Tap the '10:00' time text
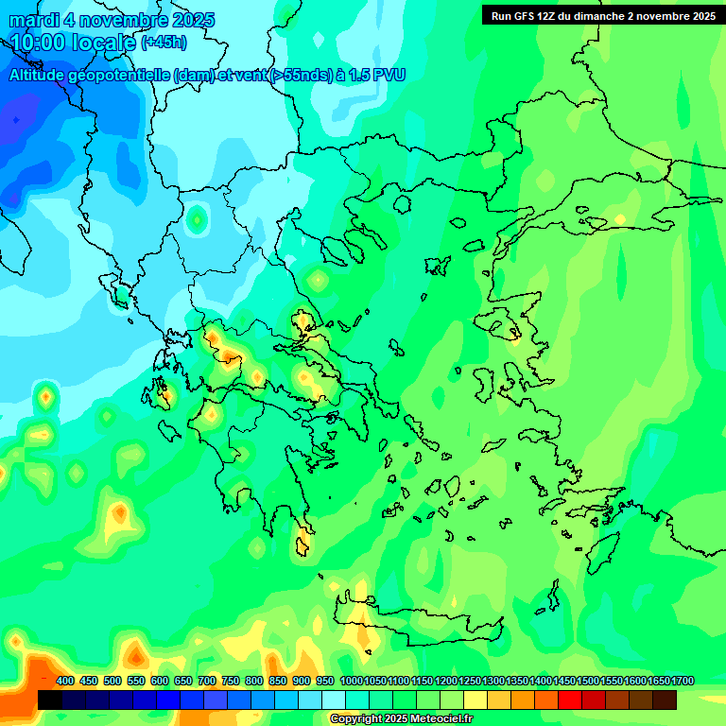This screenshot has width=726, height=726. [x=38, y=42]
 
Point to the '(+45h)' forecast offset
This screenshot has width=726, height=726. [x=164, y=43]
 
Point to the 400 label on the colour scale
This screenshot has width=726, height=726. [x=65, y=682]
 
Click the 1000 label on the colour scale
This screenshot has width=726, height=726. [x=351, y=682]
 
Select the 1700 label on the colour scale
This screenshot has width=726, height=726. [x=682, y=682]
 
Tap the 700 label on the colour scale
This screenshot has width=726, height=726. [x=207, y=682]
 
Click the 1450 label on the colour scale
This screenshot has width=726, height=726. [x=563, y=682]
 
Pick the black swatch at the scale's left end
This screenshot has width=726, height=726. [x=50, y=700]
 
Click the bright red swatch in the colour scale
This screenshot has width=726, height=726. [x=570, y=700]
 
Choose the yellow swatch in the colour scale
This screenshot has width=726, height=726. [x=475, y=700]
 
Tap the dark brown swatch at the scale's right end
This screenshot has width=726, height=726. [x=665, y=700]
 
